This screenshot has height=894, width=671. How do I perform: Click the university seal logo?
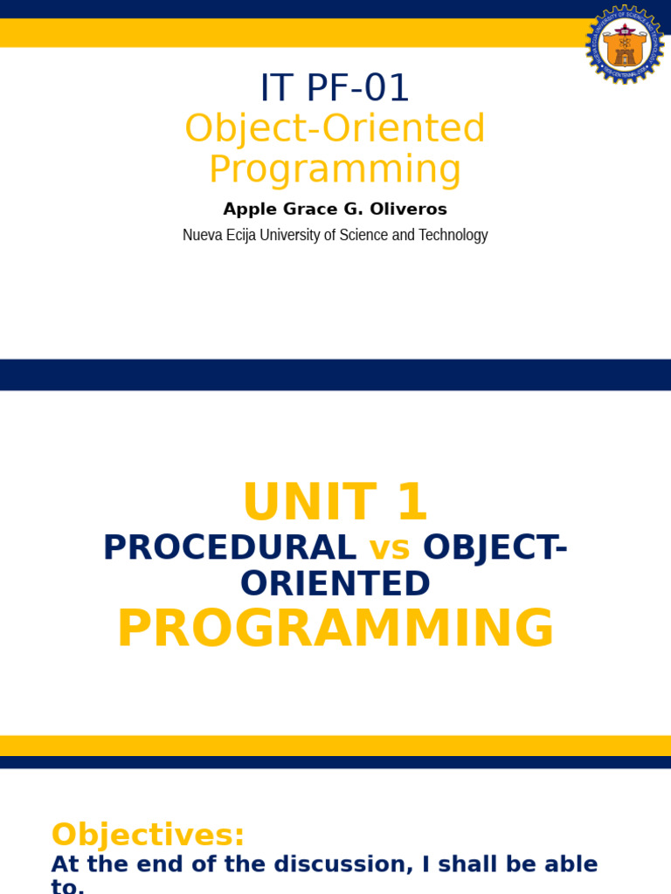(x=625, y=45)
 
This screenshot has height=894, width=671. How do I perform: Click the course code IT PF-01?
(x=335, y=88)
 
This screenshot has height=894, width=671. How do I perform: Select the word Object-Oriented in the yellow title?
(x=335, y=128)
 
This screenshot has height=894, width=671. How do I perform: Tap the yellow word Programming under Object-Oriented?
(x=335, y=169)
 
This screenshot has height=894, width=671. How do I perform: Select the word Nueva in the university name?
(x=200, y=235)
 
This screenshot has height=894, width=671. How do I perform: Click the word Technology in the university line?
(x=453, y=235)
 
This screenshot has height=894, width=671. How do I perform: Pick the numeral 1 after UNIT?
(x=412, y=503)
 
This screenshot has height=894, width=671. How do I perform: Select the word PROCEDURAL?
(x=229, y=547)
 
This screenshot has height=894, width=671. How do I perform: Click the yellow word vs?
(x=390, y=547)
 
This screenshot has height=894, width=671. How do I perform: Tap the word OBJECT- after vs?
(x=495, y=547)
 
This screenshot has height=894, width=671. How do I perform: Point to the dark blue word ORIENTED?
(x=335, y=584)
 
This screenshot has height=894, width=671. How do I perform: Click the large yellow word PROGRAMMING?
(x=335, y=629)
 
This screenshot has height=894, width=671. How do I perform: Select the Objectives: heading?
(x=148, y=835)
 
